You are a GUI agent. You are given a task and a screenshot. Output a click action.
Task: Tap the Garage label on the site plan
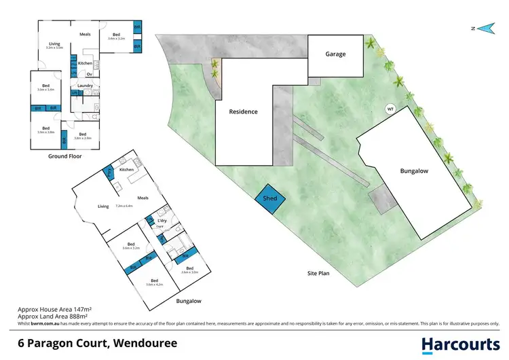335,54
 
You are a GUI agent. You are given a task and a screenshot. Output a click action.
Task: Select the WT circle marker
390,109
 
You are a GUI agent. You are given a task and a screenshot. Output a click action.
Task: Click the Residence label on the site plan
243,111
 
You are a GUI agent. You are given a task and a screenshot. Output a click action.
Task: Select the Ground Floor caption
65,156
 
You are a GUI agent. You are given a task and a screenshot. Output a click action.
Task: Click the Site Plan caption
316,274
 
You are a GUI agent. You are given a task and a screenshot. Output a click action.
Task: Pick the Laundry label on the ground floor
85,86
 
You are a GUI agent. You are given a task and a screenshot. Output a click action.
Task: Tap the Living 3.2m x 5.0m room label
54,46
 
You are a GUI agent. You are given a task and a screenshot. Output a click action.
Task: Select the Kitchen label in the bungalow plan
127,169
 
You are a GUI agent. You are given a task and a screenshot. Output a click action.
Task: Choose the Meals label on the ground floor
85,33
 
